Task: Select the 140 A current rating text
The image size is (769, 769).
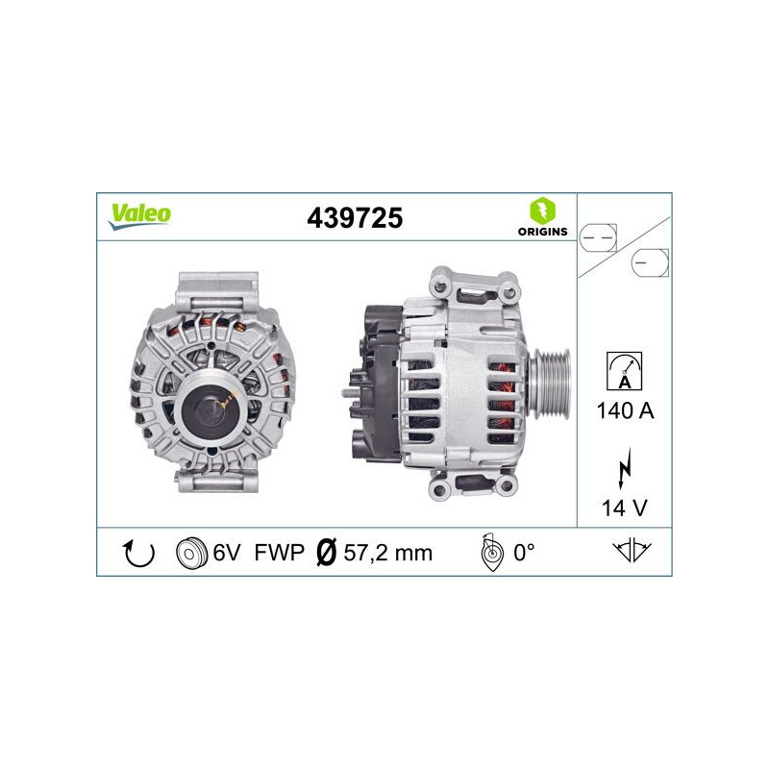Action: pyautogui.click(x=624, y=412)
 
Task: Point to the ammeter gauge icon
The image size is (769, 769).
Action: pyautogui.click(x=624, y=371)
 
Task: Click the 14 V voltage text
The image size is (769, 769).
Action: pyautogui.click(x=624, y=507)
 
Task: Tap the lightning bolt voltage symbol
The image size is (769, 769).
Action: pyautogui.click(x=624, y=469)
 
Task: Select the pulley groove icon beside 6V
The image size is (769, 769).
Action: pyautogui.click(x=192, y=553)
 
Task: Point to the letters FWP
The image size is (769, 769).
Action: pyautogui.click(x=279, y=553)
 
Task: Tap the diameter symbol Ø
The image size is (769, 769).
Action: pyautogui.click(x=325, y=553)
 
